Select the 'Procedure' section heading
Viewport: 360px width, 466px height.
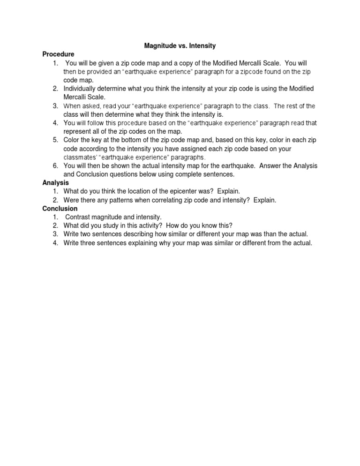[x=58, y=54]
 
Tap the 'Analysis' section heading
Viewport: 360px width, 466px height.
[x=56, y=182]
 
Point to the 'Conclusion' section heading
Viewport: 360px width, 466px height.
[x=60, y=208]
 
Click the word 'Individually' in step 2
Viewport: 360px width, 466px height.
[x=82, y=89]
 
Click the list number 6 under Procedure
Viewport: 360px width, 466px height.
[x=55, y=165]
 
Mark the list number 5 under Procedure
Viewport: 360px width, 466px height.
[x=55, y=140]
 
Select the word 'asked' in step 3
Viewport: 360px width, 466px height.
[x=92, y=106]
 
